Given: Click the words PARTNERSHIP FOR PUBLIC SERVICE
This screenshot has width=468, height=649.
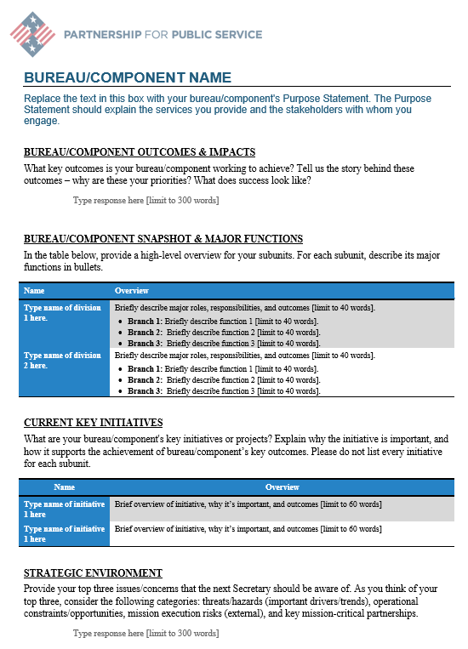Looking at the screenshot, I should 163,35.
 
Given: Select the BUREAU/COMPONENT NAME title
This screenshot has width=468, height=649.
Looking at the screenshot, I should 128,78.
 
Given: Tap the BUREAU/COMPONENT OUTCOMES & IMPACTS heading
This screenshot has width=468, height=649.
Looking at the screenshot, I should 140,152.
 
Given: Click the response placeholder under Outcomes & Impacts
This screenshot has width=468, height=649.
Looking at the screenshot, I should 146,200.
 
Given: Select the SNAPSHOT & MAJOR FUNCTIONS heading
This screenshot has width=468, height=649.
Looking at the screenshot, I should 163,239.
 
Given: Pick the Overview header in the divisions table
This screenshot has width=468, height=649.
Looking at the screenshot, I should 132,291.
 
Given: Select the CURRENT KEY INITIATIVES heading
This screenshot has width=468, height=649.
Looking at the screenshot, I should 94,423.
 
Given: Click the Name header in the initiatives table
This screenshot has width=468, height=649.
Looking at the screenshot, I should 64,487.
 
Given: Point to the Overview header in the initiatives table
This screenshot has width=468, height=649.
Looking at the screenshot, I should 282,487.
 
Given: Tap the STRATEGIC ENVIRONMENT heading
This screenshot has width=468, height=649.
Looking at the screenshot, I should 93,573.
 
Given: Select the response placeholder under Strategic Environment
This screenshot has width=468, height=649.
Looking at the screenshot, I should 146,634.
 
